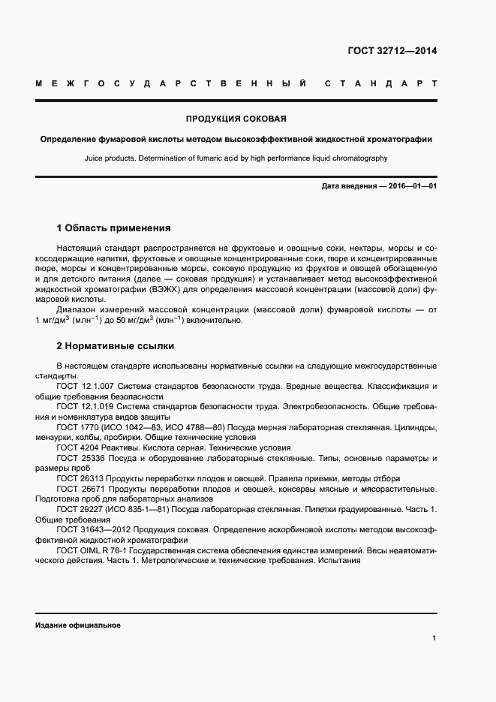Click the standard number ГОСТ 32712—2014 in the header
tap(392, 51)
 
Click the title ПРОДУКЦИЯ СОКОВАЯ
tap(236, 119)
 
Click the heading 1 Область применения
tap(114, 228)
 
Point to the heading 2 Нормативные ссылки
tap(116, 346)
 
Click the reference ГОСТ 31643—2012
tap(92, 529)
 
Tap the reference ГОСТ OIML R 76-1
tap(94, 550)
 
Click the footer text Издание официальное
tap(78, 625)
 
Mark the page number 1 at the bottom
tap(434, 638)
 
